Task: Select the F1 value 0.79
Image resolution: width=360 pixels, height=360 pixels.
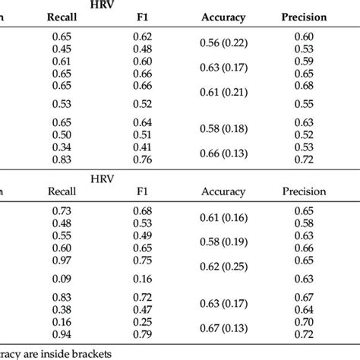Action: point(142,335)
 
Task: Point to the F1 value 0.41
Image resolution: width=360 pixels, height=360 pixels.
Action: point(142,147)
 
